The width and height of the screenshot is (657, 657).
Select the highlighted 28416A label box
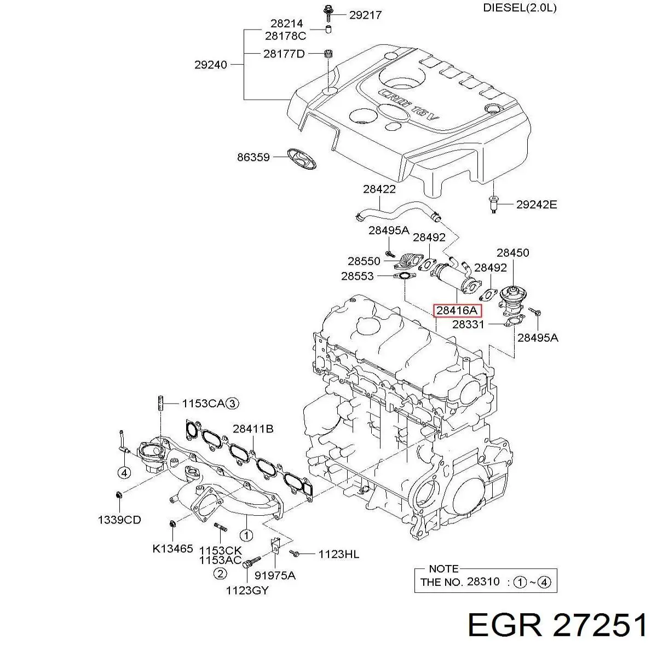tap(457, 310)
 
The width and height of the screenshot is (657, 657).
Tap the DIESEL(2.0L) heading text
tap(520, 8)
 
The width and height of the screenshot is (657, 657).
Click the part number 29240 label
tap(210, 65)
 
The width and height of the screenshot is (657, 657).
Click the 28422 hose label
tap(379, 189)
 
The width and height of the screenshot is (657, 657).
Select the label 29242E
tap(536, 205)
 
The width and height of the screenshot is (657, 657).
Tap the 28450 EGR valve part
tap(512, 298)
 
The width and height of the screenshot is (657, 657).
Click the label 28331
tap(469, 324)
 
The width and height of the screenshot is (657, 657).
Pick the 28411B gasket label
tap(252, 429)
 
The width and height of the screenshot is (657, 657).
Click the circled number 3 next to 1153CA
tap(233, 404)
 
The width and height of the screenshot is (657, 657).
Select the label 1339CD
tap(119, 520)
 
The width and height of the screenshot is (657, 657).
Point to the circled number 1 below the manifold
tap(246, 535)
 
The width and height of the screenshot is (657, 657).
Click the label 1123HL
tap(338, 554)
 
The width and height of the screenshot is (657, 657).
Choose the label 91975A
tap(276, 575)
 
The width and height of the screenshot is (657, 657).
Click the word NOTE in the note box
tap(443, 568)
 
